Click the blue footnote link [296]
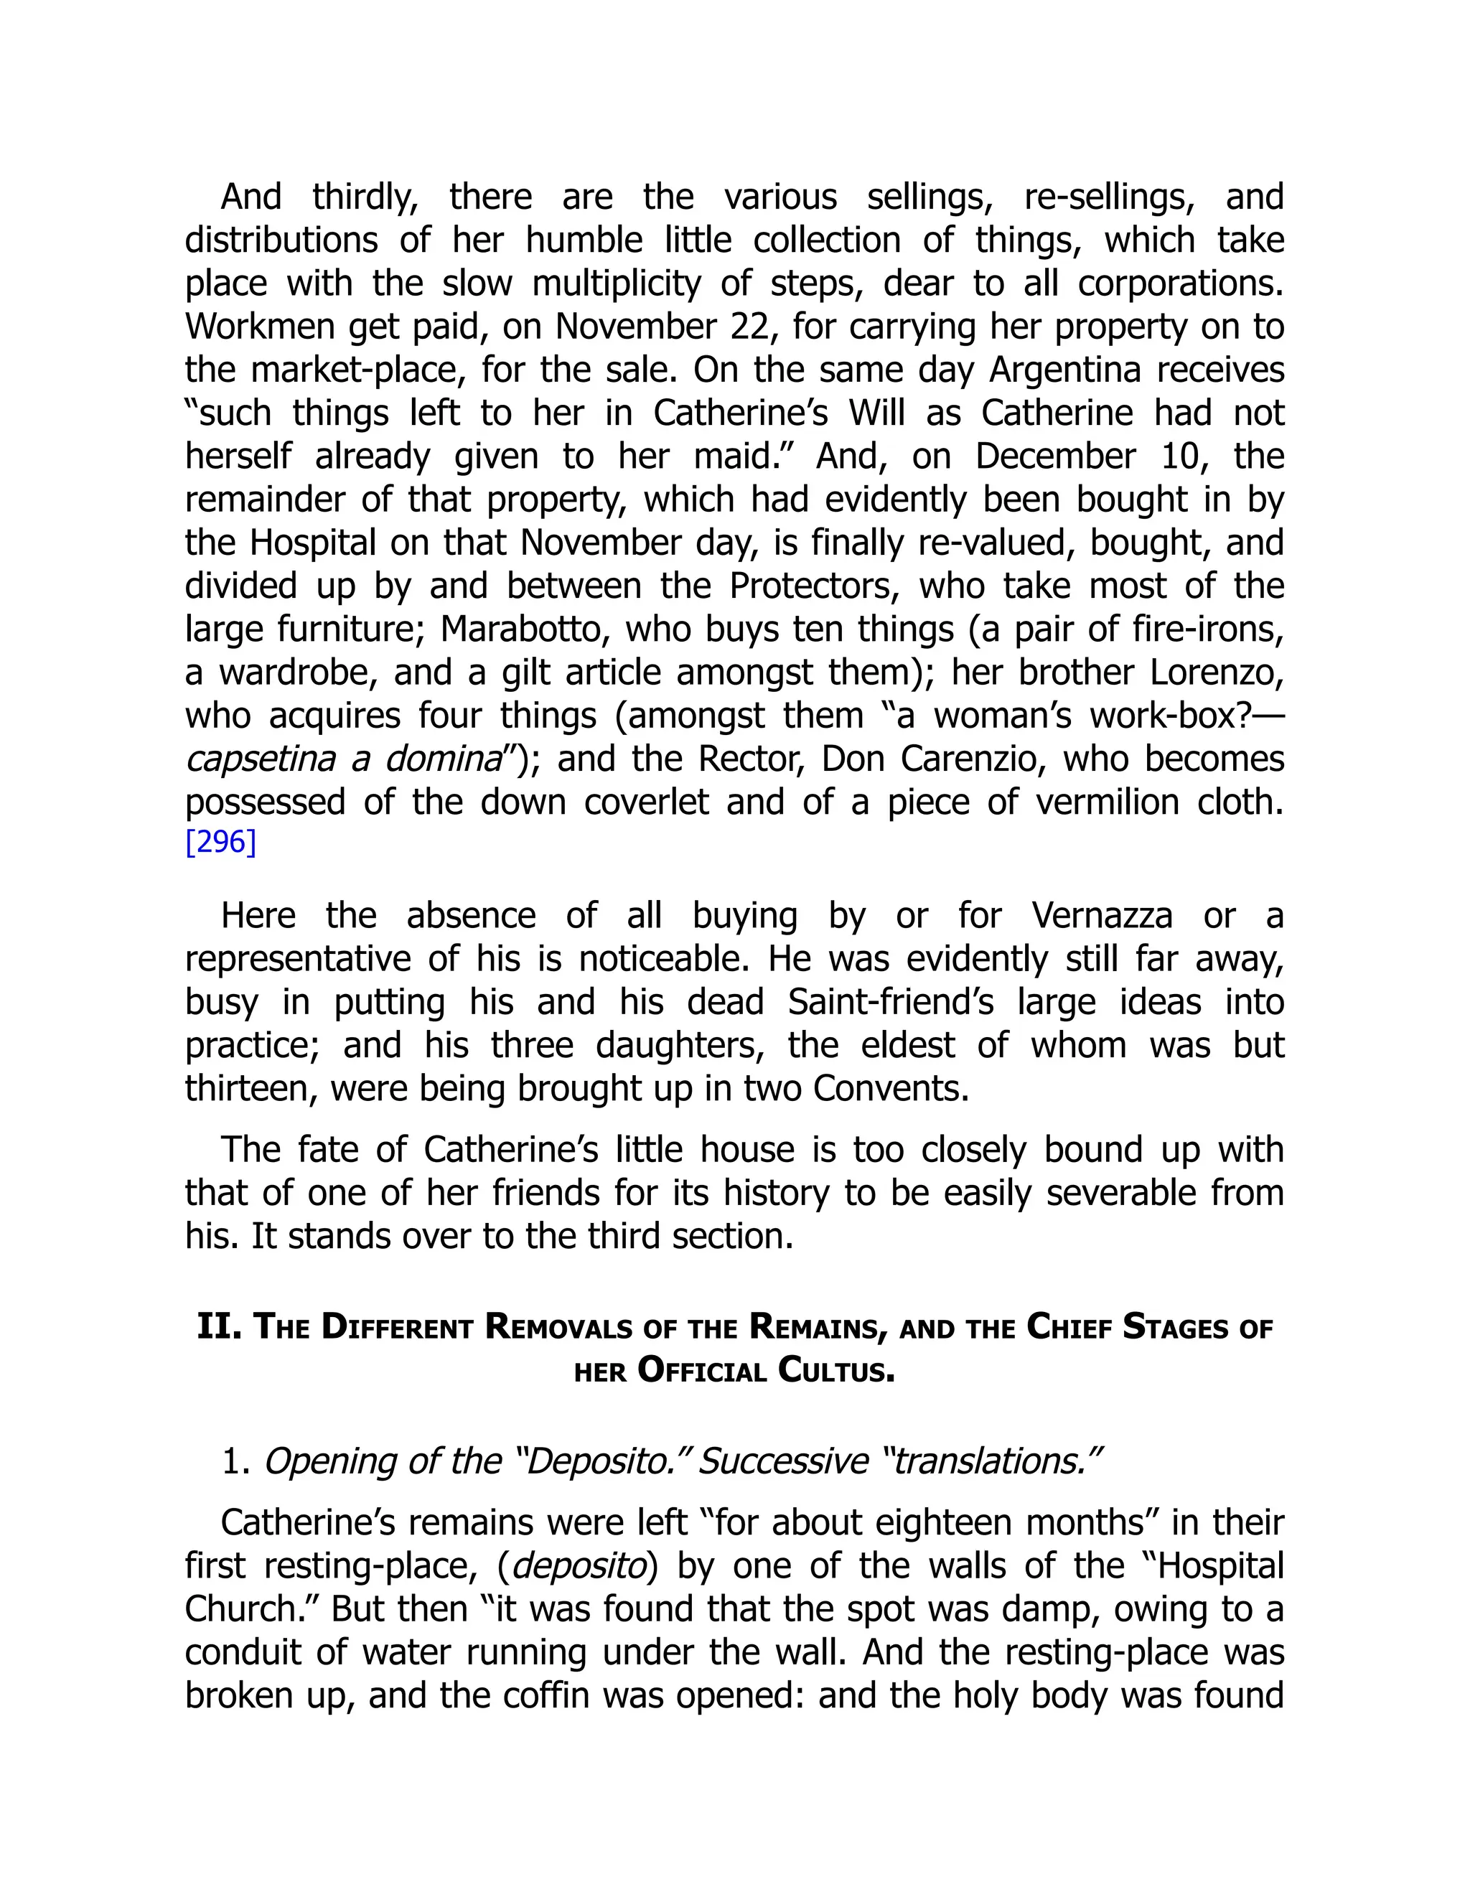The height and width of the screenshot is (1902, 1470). (220, 843)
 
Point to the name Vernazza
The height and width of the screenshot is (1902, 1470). (1102, 916)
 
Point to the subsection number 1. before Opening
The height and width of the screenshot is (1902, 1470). (235, 1461)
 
